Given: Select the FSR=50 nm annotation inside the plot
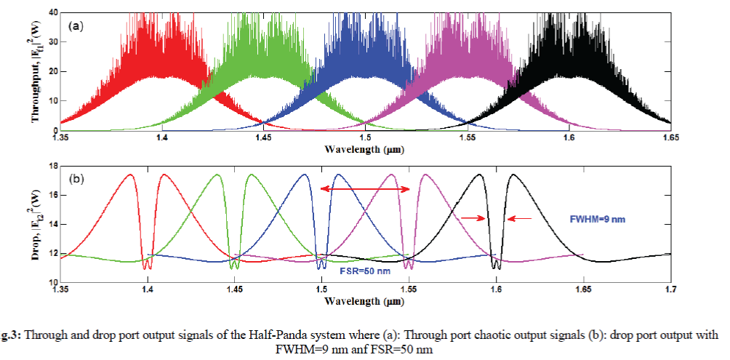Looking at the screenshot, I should [366, 271].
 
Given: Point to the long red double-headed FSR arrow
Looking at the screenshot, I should [366, 189].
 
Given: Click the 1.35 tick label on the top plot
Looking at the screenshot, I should [61, 137].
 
